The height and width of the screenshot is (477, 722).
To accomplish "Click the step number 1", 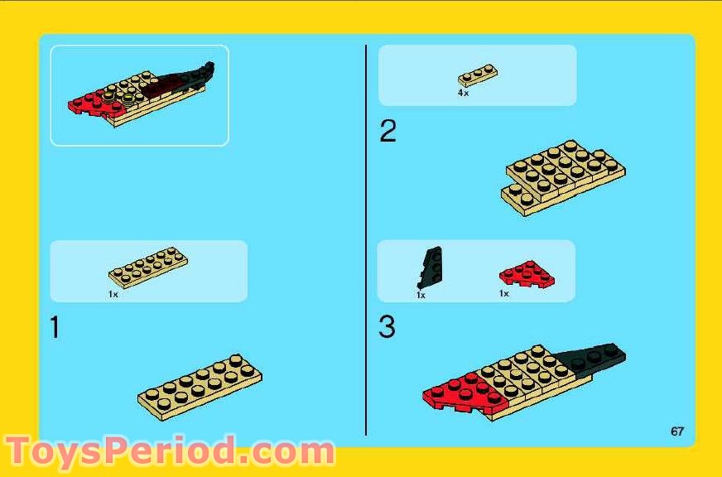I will point(55,328).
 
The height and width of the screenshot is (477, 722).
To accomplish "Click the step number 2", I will point(387,131).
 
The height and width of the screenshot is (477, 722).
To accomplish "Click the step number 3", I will point(387,328).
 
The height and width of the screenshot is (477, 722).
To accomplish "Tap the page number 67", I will point(677,431).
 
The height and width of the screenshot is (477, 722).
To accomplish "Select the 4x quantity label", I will point(463,94).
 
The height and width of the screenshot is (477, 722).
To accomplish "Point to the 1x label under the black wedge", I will point(421,295).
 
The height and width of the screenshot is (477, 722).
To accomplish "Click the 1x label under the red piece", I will point(503,293).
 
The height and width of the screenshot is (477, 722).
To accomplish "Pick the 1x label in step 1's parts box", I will point(113,293).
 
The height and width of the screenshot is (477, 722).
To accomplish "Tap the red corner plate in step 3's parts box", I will point(527,275).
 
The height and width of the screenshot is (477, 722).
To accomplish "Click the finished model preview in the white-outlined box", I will point(139,94).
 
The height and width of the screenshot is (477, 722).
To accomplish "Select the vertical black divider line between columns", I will point(366,240).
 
